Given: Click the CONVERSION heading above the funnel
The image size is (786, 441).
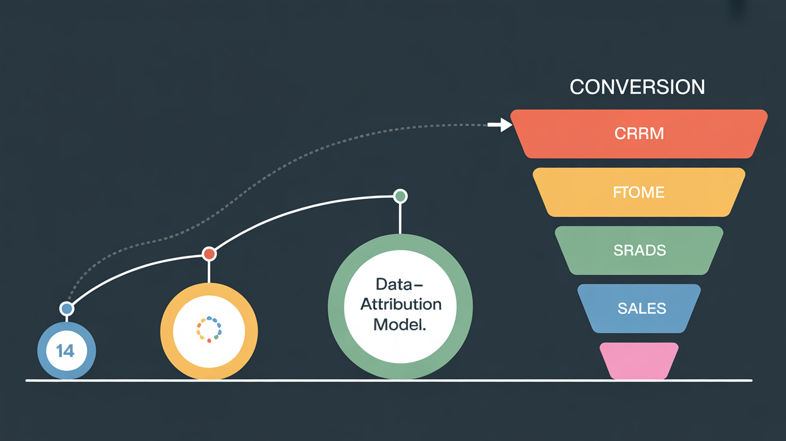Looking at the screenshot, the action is pos(637,87).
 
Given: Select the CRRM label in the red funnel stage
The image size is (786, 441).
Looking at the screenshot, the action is pos(639,133).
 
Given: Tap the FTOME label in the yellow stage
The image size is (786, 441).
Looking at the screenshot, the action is pos(639,192).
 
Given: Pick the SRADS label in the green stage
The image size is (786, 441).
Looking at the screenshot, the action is pos(640,250).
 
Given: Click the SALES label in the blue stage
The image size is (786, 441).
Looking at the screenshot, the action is pos(642,309).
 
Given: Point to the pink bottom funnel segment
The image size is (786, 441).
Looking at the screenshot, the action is pos(639,361).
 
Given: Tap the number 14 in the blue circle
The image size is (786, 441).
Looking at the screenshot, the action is pos(65,351).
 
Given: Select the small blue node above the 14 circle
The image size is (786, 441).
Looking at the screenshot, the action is pos(66,309).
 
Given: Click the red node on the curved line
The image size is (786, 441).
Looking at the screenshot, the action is pos(209,253).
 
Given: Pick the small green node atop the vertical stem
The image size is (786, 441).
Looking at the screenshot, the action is pos(400,196).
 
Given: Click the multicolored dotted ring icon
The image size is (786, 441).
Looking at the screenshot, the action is pos(209,330).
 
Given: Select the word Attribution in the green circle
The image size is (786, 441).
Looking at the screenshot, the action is pos(401,304).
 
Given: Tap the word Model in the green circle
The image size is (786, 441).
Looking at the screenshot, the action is pos(400,325).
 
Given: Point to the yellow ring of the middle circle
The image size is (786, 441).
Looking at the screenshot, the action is pos(167,331).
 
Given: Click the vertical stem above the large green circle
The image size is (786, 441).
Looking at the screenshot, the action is pos(400,219).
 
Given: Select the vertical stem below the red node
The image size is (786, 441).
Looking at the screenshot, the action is pos(209,272).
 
